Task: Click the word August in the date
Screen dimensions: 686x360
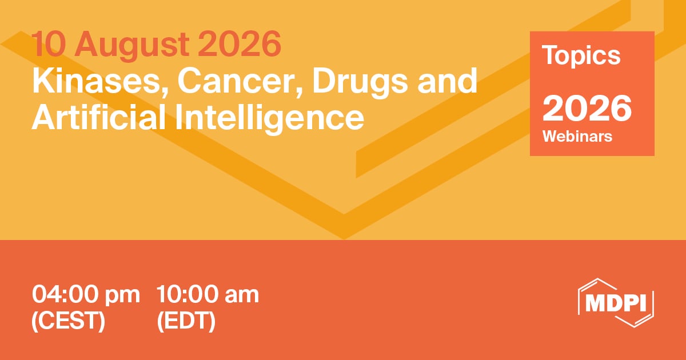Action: pos(132,45)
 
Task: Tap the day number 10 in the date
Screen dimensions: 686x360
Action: pos(49,43)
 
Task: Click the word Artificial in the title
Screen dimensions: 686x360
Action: pos(98,117)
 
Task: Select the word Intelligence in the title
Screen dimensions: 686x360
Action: pos(269,118)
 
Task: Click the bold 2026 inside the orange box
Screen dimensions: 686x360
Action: pos(587,109)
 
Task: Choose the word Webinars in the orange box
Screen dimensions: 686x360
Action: pos(577,136)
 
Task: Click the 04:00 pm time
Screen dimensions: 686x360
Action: pos(86,294)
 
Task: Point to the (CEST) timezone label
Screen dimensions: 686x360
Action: pos(68,321)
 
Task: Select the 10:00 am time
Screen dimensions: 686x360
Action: pos(208,294)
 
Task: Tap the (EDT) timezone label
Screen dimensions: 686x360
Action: pos(186,321)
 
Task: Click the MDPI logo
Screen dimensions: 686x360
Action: pos(616,303)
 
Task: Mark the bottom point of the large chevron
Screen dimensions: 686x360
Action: pos(344,239)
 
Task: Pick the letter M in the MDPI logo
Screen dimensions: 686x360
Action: pos(595,303)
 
